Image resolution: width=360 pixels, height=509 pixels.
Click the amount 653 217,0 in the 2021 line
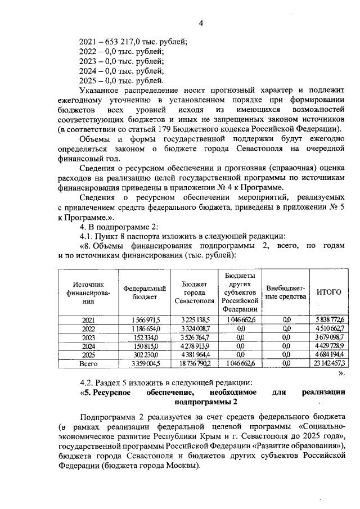click(120, 42)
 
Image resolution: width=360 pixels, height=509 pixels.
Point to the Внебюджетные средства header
click(286, 292)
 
